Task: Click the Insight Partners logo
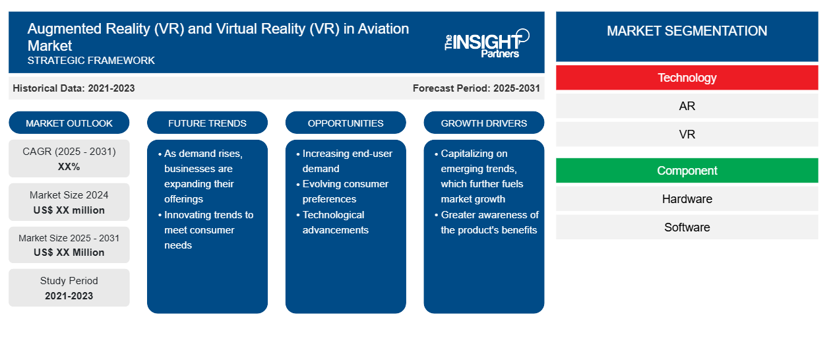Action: [x=487, y=44]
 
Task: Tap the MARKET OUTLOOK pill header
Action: [x=69, y=123]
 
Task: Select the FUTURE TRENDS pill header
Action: [x=207, y=123]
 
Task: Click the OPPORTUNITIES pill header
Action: [x=346, y=123]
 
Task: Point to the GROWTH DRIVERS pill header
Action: [x=484, y=123]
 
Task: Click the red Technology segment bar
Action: [x=687, y=78]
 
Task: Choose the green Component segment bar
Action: [x=687, y=171]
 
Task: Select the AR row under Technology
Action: [x=687, y=106]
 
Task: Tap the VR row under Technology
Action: [x=687, y=134]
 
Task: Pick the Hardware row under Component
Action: [x=687, y=199]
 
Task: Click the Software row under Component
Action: [x=687, y=227]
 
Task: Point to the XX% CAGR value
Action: [x=69, y=167]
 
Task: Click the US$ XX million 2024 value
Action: [x=69, y=210]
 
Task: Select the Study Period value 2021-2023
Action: [x=69, y=296]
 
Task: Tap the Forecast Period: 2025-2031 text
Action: [x=476, y=88]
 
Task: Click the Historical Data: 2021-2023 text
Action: [x=74, y=88]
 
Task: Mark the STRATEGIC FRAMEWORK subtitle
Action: [x=91, y=61]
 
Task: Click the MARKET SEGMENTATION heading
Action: [x=687, y=30]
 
